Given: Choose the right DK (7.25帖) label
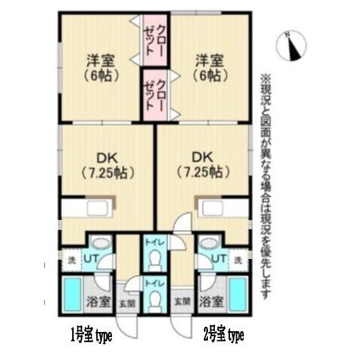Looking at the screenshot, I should point(204,164).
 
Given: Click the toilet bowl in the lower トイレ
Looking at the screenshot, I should point(154,301).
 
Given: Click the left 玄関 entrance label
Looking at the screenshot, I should point(128,301).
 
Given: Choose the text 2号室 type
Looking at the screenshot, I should point(224,334).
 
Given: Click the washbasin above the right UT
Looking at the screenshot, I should point(209,241).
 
